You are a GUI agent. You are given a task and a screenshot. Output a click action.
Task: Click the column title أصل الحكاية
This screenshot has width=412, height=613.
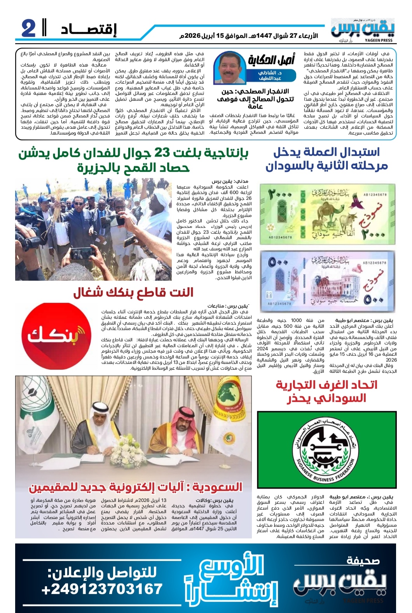(x=271, y=60)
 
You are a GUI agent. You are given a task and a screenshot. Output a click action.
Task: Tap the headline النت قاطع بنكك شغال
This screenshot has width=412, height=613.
(x=133, y=293)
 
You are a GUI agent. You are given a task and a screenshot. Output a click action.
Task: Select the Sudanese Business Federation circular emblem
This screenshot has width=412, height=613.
(x=327, y=450)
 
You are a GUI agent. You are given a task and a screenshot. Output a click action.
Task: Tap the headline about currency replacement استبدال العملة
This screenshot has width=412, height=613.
(x=326, y=159)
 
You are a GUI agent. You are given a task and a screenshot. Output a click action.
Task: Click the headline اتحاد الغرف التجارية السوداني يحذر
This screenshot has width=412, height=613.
(x=326, y=391)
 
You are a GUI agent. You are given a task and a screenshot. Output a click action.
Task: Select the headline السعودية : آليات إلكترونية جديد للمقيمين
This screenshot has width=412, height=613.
(x=135, y=487)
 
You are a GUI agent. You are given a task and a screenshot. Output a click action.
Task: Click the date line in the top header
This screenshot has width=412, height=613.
(x=248, y=36)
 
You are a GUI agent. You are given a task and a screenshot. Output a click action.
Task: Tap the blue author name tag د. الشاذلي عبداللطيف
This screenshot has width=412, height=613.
(x=270, y=75)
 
